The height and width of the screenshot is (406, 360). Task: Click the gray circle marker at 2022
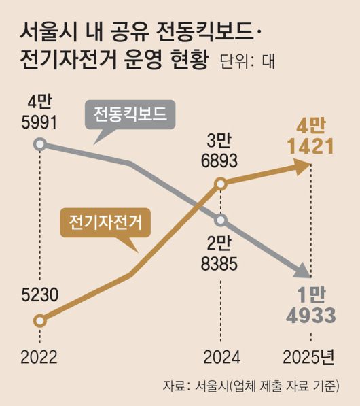click(x=40, y=143)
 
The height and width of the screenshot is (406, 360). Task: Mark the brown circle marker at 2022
click(x=40, y=320)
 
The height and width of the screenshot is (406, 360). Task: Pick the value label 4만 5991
click(x=39, y=113)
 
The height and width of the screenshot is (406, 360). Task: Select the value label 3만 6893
click(x=221, y=150)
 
